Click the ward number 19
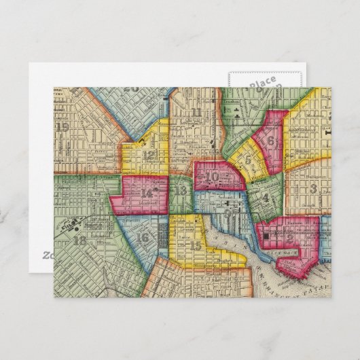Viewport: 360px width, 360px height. (x=63, y=126)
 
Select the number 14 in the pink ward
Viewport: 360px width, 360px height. (x=146, y=194)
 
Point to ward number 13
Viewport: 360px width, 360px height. (x=180, y=191)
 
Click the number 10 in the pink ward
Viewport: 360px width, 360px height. (x=212, y=177)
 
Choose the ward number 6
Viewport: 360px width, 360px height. (x=270, y=141)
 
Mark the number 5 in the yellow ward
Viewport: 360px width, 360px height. (x=249, y=160)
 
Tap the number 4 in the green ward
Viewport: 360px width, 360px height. (x=266, y=198)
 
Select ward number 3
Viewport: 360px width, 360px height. (x=313, y=188)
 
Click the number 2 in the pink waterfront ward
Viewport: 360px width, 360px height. (x=289, y=238)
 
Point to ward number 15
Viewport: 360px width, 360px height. (x=196, y=245)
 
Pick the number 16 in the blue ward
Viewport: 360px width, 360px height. (x=143, y=237)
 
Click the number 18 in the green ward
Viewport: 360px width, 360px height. (x=79, y=240)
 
